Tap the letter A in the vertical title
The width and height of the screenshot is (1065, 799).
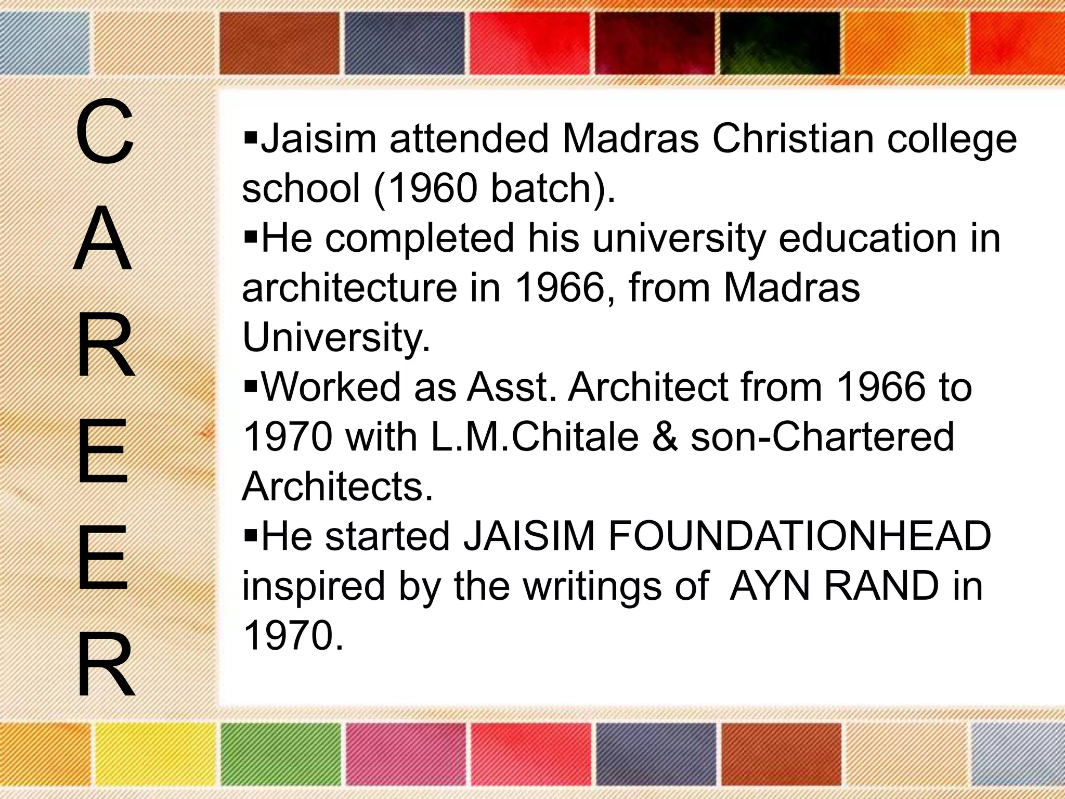click(102, 240)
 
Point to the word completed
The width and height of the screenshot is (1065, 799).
click(419, 239)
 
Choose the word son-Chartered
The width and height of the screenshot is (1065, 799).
click(822, 437)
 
